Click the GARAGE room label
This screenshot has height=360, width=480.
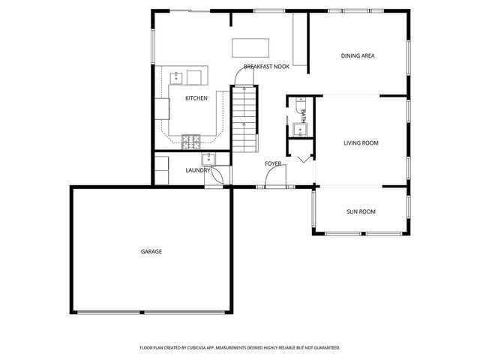pos(151,251)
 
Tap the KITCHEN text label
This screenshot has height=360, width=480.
pos(196,98)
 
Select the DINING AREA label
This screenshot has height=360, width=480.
pos(357,55)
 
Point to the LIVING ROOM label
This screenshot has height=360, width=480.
pos(361,142)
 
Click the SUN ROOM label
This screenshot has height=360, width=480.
pos(361,211)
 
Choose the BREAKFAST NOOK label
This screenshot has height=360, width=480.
pos(266,67)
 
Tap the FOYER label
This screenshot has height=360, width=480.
pos(273,163)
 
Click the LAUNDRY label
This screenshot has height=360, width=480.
pos(198,170)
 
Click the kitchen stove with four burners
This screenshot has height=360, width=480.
pos(190,138)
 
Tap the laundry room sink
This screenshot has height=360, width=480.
pos(208,158)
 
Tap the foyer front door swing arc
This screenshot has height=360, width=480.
pos(274,177)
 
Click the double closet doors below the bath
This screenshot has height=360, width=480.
pos(302,158)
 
